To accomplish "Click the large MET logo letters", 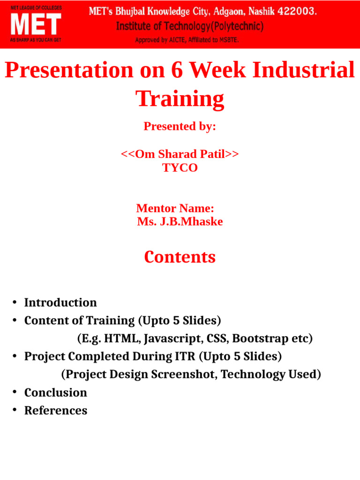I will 36,24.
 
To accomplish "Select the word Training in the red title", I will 180,99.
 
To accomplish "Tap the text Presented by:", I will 180,127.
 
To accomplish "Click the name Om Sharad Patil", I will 180,154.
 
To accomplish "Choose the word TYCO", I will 180,168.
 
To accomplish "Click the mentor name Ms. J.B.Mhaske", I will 180,222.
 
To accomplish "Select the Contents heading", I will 180,257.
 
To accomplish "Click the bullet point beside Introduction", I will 15,302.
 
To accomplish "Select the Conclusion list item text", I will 55,392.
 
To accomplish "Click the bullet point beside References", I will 15,410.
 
